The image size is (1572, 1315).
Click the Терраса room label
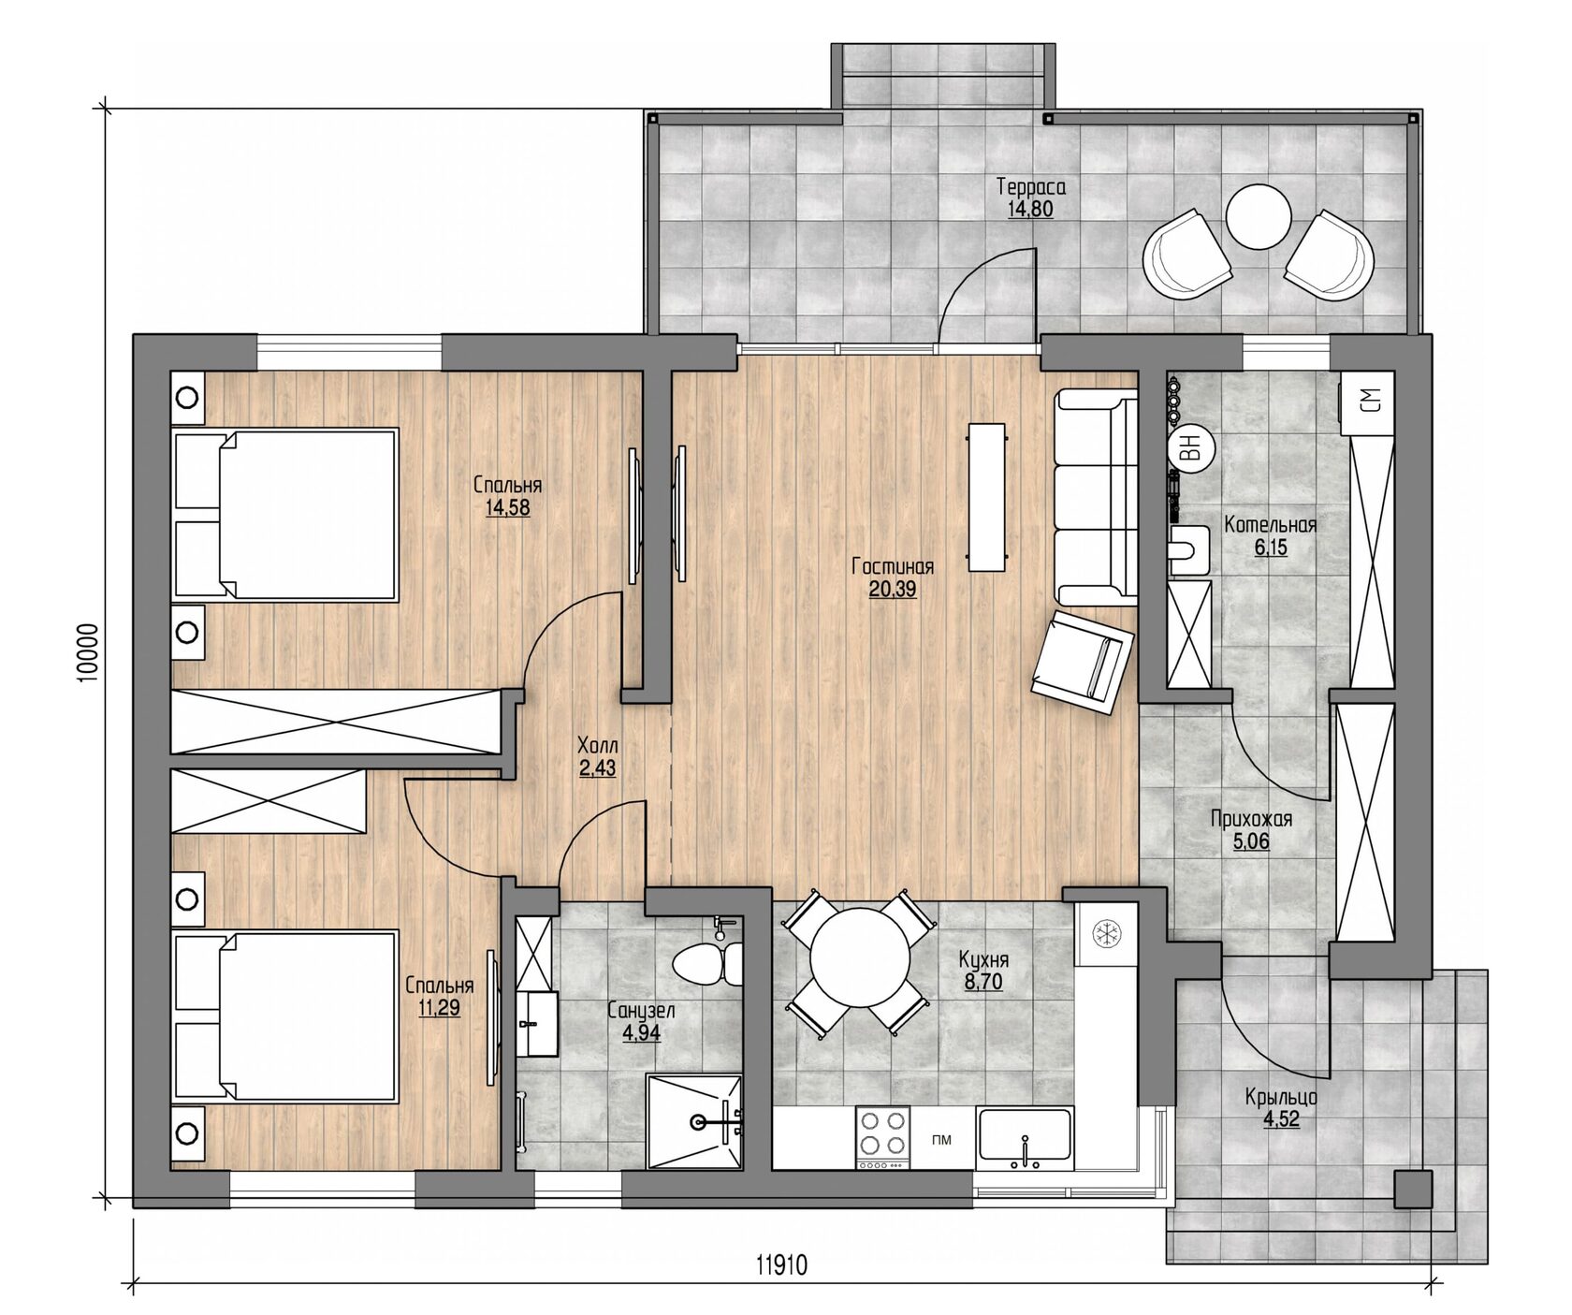[1030, 186]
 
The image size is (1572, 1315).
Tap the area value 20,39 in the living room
[893, 590]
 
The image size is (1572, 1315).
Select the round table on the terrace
[1259, 217]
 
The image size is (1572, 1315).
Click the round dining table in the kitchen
[858, 962]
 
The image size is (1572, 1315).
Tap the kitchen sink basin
[1024, 1137]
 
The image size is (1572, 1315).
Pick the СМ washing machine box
[1368, 402]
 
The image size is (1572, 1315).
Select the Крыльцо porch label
[1282, 1098]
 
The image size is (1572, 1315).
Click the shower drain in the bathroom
[697, 1120]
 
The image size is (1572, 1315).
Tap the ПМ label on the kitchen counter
[942, 1139]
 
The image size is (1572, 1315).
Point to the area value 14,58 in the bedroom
[507, 507]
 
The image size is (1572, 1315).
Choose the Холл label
[598, 747]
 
